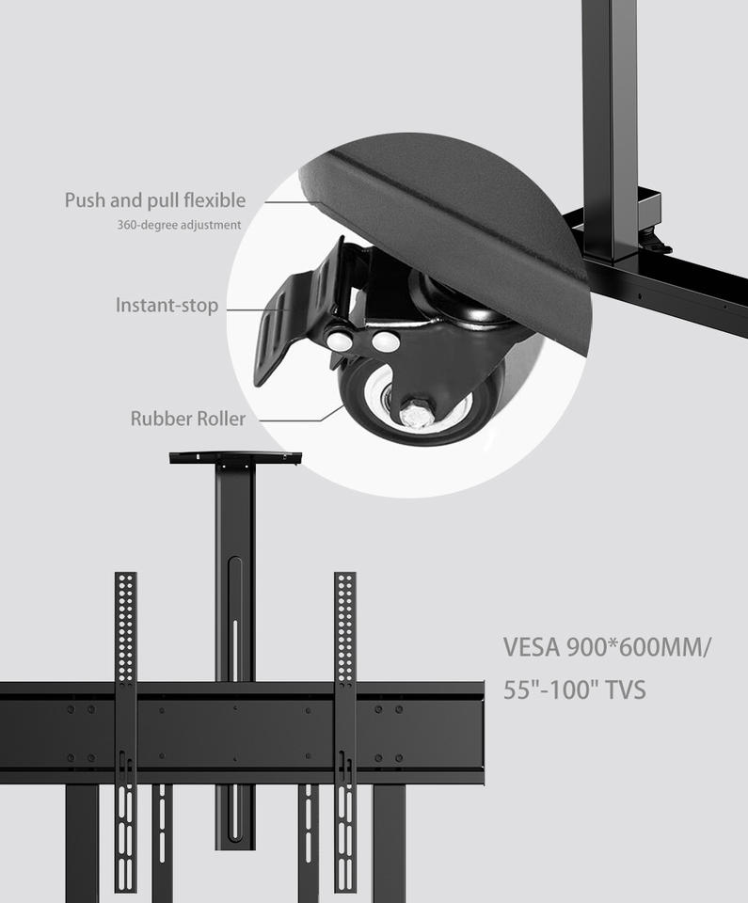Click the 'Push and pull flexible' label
[x=154, y=200]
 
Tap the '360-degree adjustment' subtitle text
[x=179, y=226]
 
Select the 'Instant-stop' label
[x=167, y=306]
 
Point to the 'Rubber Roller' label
[x=187, y=419]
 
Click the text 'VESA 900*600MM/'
[x=607, y=648]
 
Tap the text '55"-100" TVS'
[x=574, y=690]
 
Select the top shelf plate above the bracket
[x=235, y=458]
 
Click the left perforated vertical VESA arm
[x=125, y=626]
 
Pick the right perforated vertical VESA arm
[x=345, y=626]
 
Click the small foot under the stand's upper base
[x=655, y=246]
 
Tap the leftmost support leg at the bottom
[x=82, y=842]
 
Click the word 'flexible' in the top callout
[x=215, y=200]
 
